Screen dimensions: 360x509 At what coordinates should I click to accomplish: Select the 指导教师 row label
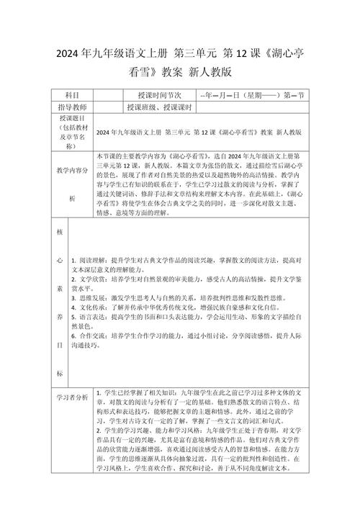pos(72,107)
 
